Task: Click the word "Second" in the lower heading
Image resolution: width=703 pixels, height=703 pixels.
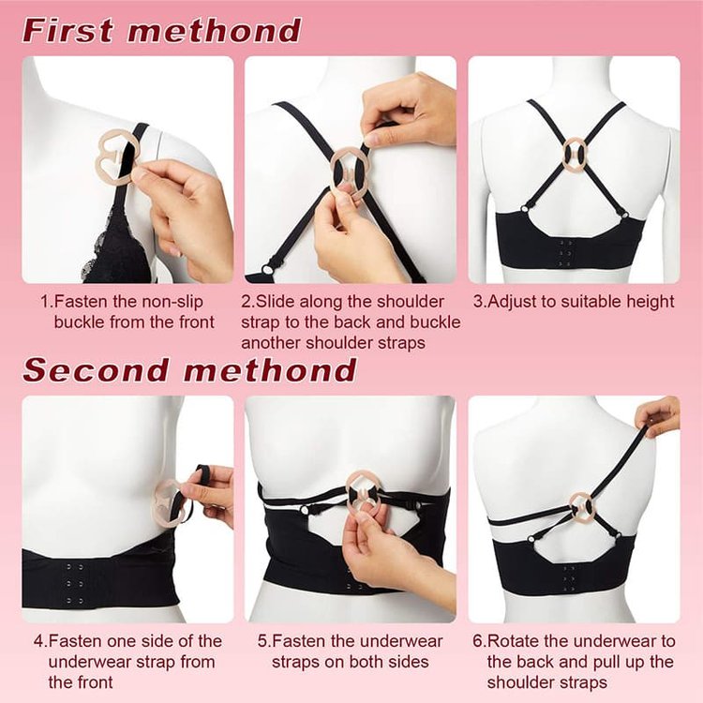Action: coord(95,369)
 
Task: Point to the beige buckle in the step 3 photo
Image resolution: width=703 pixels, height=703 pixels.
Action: coord(575,151)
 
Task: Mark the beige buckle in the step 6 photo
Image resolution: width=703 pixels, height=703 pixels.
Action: coord(581,507)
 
